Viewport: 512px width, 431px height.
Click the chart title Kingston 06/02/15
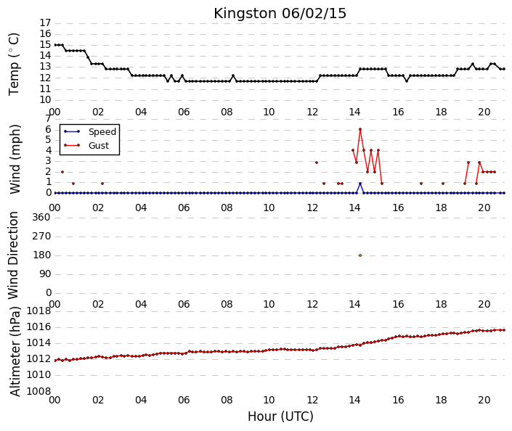point(280,14)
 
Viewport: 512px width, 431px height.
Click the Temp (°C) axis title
point(14,65)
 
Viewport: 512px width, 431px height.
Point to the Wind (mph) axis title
point(15,159)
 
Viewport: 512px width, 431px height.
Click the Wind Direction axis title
point(13,255)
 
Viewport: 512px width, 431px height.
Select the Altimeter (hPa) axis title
point(15,351)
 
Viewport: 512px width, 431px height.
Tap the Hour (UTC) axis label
point(280,416)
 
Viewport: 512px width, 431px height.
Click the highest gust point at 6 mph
point(360,129)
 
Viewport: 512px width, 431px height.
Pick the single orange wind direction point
point(360,255)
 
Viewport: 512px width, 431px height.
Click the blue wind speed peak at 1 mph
point(360,184)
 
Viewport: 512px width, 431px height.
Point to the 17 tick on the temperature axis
point(45,22)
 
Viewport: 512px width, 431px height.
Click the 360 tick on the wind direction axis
point(41,217)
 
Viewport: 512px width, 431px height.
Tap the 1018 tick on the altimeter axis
point(39,311)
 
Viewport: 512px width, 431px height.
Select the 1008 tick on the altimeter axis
point(39,391)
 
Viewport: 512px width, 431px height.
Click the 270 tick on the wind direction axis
point(41,237)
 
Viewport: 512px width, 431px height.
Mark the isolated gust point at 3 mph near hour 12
point(317,163)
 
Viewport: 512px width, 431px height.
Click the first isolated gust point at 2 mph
point(62,172)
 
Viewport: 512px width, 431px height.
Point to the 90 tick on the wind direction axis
point(45,274)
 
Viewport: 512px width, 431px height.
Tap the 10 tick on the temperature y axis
point(45,100)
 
